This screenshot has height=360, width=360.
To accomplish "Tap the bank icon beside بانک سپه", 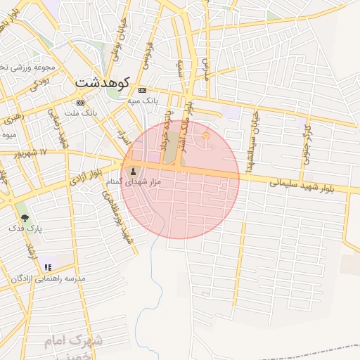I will tap(143, 90).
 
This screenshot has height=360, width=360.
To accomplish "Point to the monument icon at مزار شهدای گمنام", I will tap(133, 172).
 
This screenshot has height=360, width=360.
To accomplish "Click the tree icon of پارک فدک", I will tap(25, 218).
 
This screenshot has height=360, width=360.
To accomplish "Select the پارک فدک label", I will tap(25, 229).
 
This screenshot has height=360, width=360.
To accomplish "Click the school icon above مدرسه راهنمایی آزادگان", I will tap(47, 267).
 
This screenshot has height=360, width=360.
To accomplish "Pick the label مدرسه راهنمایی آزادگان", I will tap(47, 278).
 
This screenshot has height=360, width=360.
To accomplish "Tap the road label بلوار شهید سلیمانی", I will tap(310, 184).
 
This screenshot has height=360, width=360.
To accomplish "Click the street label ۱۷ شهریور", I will tap(32, 152).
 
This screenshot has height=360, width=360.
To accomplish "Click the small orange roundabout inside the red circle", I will tap(206, 136).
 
